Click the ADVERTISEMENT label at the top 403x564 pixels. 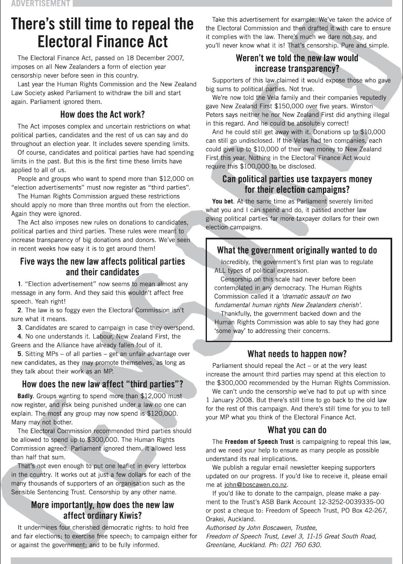coord(35,4)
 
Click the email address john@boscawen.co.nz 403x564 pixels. coord(256,485)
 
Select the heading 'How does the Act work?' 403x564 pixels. coord(102,114)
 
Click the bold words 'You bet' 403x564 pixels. coord(222,201)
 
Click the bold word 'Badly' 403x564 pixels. coord(25,396)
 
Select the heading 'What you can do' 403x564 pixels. coord(297,430)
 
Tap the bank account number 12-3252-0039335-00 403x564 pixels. coord(351,502)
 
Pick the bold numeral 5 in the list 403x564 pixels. coord(19,354)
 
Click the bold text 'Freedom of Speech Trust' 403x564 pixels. coord(259,442)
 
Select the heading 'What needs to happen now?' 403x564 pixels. coord(297,354)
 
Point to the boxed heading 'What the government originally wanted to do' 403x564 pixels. coord(297,250)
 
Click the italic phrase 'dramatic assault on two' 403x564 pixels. coord(316,296)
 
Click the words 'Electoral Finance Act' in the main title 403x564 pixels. coord(102,42)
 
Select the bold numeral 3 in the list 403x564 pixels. coord(19,328)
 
